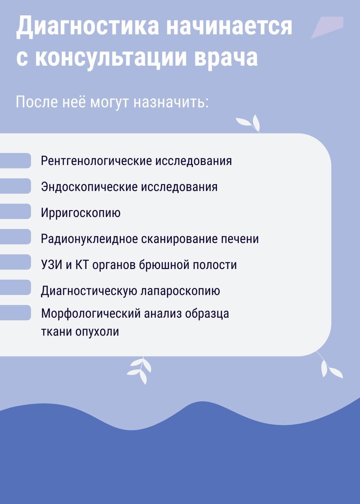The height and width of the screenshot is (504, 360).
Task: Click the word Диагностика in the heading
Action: (x=87, y=27)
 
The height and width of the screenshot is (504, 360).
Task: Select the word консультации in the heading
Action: (x=111, y=57)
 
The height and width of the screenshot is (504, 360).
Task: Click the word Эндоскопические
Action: (x=89, y=187)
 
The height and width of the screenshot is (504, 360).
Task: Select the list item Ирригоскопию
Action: (x=81, y=213)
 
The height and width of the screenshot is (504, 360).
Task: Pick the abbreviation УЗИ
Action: (x=52, y=265)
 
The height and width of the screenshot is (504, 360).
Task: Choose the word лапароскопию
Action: (x=180, y=291)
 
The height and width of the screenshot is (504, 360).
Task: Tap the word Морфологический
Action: (x=91, y=313)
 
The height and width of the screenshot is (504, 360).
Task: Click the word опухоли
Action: (x=97, y=332)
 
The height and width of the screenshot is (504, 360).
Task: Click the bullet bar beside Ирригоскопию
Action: (x=15, y=211)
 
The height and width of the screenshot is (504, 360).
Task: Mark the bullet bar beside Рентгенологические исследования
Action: (x=15, y=161)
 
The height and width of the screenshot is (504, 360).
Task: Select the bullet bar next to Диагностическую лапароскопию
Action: (x=15, y=287)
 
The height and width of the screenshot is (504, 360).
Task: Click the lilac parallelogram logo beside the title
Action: (x=327, y=28)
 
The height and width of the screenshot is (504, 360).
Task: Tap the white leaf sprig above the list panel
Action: (x=249, y=124)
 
